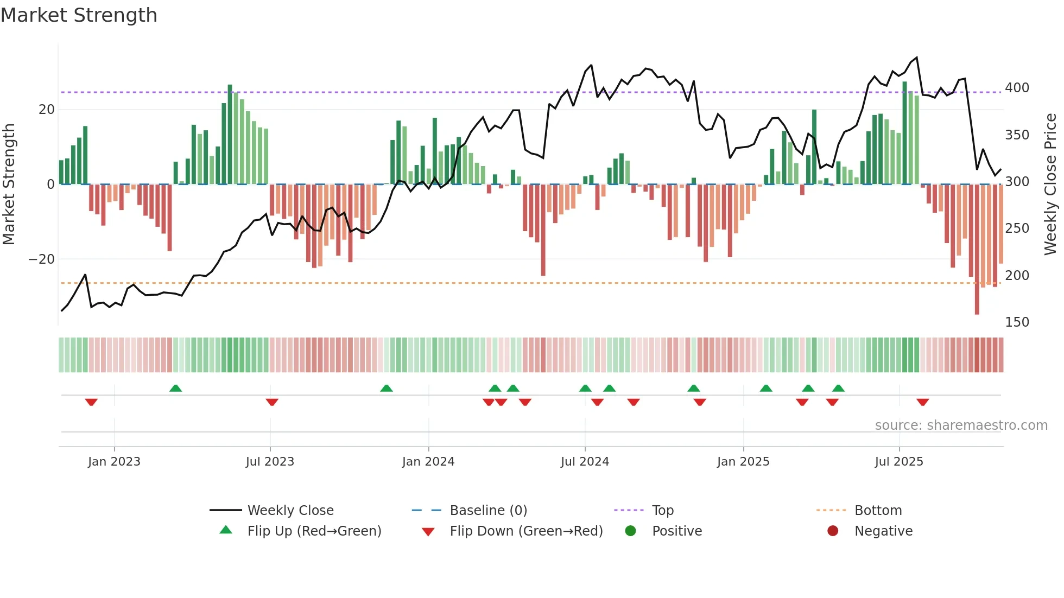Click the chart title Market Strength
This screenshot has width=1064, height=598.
pyautogui.click(x=79, y=15)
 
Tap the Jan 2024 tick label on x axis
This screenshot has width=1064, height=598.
pyautogui.click(x=428, y=462)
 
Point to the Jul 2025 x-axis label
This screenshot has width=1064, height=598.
pyautogui.click(x=898, y=462)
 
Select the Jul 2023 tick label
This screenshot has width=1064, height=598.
pyautogui.click(x=270, y=462)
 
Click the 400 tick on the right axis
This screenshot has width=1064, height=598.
pyautogui.click(x=1016, y=88)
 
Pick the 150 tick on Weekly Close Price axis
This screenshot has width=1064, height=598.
pyautogui.click(x=1016, y=322)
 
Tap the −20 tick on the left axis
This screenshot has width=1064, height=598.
pyautogui.click(x=42, y=259)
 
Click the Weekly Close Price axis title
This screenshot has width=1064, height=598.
pyautogui.click(x=1050, y=185)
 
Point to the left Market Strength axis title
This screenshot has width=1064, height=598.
pyautogui.click(x=9, y=185)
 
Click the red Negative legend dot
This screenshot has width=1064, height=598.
pyautogui.click(x=833, y=531)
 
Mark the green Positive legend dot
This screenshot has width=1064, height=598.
pyautogui.click(x=630, y=531)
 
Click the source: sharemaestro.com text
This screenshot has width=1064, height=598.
pyautogui.click(x=961, y=425)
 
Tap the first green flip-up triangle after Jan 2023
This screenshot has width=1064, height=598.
pyautogui.click(x=175, y=389)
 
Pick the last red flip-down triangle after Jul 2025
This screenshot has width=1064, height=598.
pyautogui.click(x=922, y=402)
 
